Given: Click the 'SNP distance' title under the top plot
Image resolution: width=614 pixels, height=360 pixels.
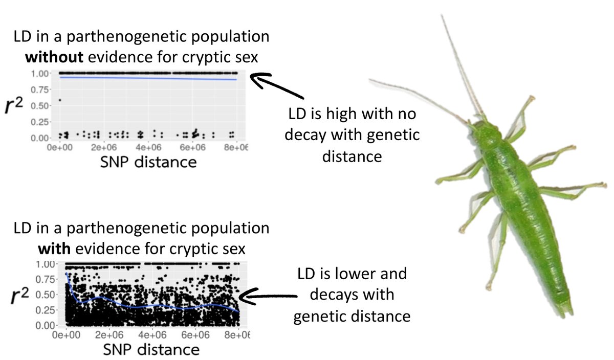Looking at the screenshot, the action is coord(149,162).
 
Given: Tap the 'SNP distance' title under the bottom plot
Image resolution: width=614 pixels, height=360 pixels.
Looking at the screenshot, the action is coord(151,350).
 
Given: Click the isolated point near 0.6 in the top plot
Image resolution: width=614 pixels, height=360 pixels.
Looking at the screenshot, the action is coord(60,100).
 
